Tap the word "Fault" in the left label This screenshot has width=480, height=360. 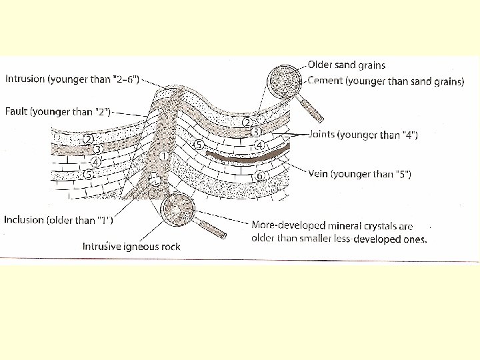click(17, 111)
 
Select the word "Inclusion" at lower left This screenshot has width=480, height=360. click(24, 219)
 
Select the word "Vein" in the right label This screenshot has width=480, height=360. click(319, 174)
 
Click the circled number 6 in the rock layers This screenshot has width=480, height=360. click(259, 175)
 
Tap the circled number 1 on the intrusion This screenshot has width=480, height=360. click(164, 156)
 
